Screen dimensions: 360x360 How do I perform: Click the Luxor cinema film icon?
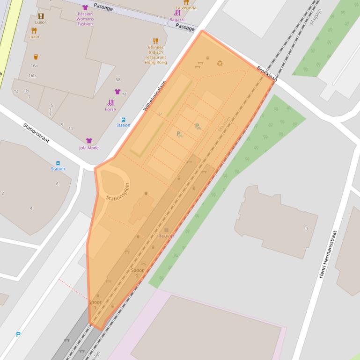click(x=41, y=16)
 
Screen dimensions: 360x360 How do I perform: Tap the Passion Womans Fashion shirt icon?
click(x=85, y=7)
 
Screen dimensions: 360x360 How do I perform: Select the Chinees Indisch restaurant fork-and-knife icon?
click(x=156, y=41)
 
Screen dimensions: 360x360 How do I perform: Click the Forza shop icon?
click(x=110, y=103)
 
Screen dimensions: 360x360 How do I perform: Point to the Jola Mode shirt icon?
click(x=89, y=141)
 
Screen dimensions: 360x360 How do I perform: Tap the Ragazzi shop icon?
click(x=177, y=13)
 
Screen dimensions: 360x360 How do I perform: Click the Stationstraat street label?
click(x=37, y=133)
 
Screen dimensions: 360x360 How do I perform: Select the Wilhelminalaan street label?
click(x=154, y=95)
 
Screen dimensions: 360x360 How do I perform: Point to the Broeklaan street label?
click(x=267, y=74)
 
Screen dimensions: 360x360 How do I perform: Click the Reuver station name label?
click(x=166, y=236)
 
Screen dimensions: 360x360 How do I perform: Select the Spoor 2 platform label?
click(x=137, y=273)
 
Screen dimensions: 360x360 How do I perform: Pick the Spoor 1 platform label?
click(x=95, y=304)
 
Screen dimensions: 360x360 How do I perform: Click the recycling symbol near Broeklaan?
click(x=220, y=63)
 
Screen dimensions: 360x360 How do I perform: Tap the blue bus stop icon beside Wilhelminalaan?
click(x=124, y=120)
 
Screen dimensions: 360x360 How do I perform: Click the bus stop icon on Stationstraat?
click(x=58, y=163)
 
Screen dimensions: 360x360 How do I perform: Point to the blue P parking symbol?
click(x=18, y=335)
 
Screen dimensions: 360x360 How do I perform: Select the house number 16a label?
click(x=34, y=66)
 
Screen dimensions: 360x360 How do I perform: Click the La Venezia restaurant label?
click(x=186, y=8)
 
